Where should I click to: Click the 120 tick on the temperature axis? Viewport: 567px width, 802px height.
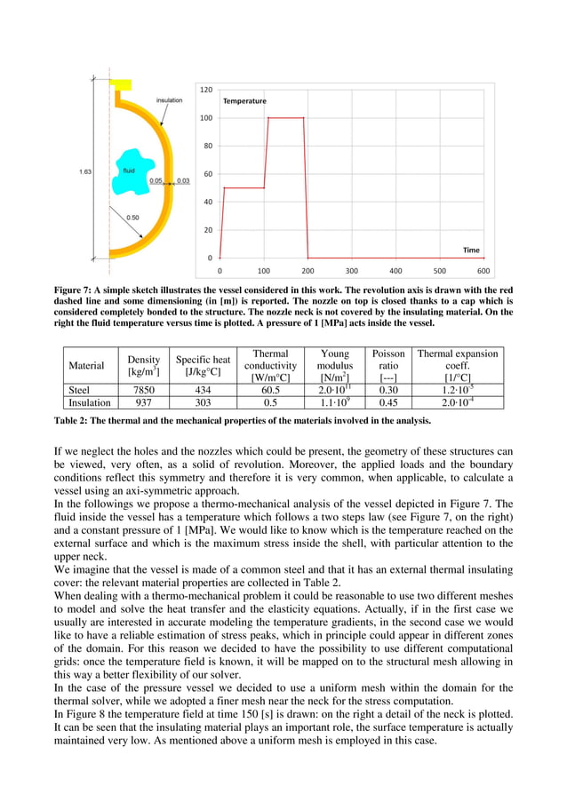point(205,90)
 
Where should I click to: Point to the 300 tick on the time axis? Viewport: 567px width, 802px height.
point(352,271)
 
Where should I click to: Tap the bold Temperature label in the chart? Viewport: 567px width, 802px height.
point(244,101)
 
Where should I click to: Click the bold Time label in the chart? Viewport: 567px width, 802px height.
point(471,250)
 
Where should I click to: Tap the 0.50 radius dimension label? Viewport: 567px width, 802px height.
point(132,217)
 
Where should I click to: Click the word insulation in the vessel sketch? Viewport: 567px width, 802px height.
point(169,100)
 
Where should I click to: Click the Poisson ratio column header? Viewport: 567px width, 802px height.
point(387,365)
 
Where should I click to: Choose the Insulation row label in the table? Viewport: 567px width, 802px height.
point(91,402)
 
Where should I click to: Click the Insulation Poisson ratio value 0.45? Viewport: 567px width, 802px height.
point(387,402)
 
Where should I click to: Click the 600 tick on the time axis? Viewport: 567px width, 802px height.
point(483,271)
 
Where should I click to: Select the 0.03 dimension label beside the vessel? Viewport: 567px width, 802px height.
point(183,180)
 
